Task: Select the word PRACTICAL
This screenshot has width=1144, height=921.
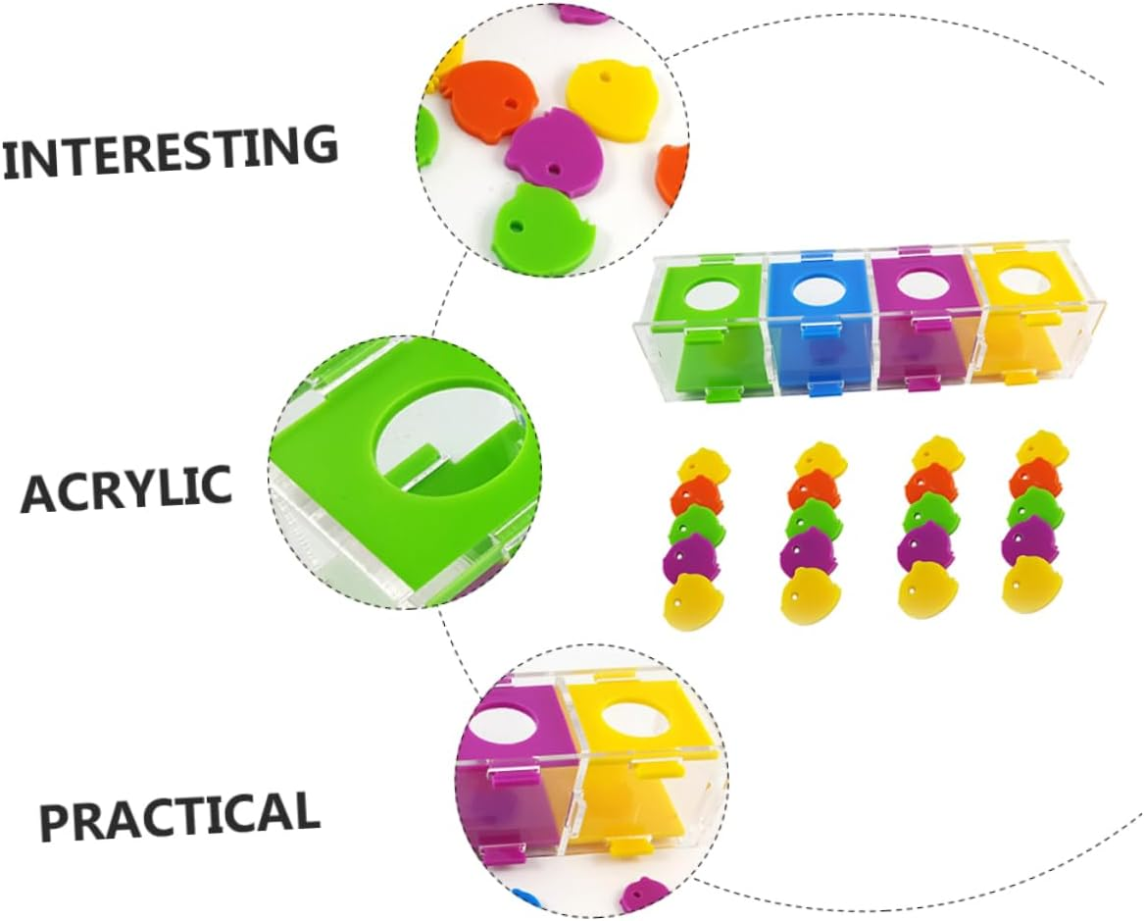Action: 179,813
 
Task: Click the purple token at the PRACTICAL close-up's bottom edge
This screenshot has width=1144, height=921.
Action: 644,895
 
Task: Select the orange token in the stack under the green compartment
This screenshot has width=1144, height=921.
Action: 695,498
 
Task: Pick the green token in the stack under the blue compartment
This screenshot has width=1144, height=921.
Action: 809,521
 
